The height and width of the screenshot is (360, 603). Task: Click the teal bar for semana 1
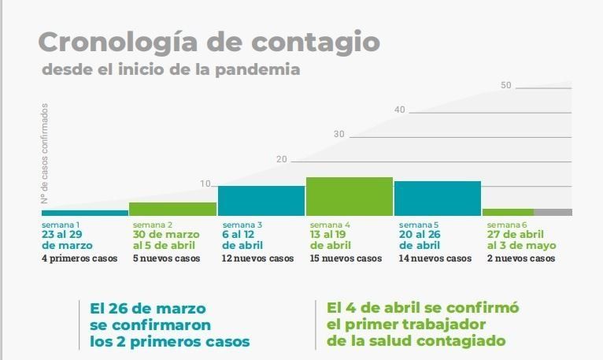(x=84, y=213)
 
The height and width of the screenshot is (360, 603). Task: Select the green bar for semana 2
(x=172, y=209)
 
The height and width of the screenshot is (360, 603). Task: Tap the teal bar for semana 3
(x=261, y=201)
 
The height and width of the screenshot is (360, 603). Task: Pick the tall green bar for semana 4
(x=349, y=196)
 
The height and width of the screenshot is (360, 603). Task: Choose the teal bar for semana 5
(x=437, y=199)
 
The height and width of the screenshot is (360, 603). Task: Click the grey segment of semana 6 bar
(x=553, y=212)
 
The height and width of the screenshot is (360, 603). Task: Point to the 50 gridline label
(x=506, y=85)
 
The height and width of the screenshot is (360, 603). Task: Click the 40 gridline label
(x=400, y=109)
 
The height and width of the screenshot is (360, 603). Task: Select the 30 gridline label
(x=339, y=135)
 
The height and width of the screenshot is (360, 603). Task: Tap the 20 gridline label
(x=282, y=160)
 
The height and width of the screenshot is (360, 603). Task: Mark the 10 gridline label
(x=205, y=184)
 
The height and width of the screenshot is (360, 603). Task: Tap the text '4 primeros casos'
(x=79, y=258)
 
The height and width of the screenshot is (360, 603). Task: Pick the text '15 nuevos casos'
(x=346, y=258)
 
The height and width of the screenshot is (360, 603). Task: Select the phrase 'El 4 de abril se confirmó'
(x=423, y=307)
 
